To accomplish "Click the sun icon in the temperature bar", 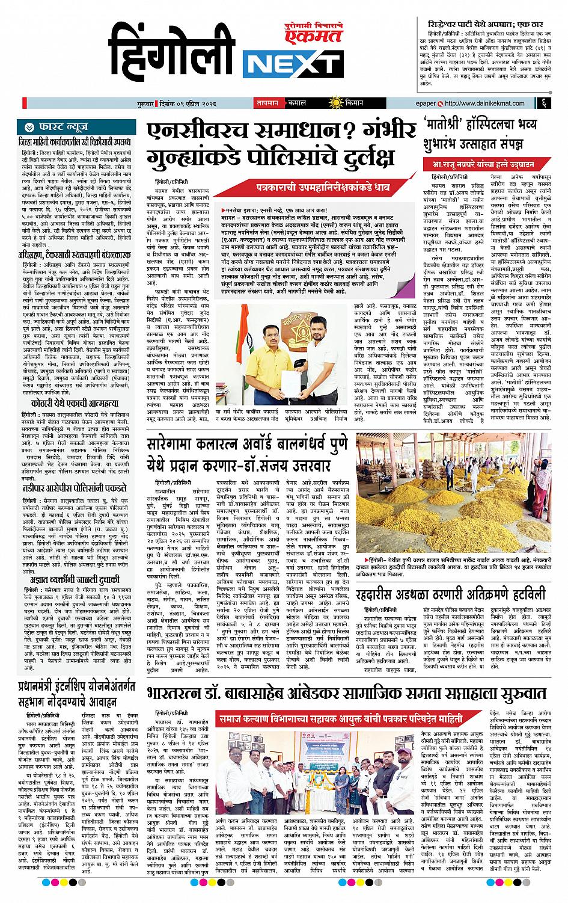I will pos(340,102).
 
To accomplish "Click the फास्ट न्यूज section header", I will pos(56,127).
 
